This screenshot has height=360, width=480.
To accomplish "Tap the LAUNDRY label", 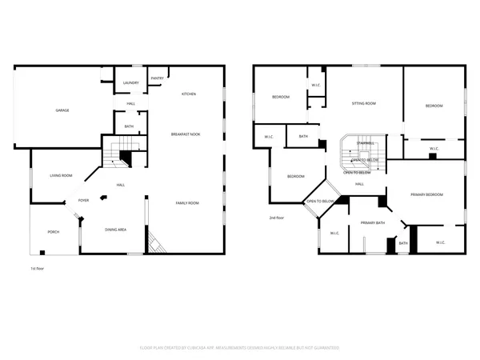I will coord(131,83).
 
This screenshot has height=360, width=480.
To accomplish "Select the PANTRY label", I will coord(158,78).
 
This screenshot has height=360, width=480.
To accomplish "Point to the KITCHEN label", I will coord(189,94).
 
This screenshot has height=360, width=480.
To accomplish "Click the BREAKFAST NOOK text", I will coord(186,134).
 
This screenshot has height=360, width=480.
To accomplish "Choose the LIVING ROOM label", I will coord(62,175).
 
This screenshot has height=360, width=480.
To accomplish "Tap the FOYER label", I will coord(83,201).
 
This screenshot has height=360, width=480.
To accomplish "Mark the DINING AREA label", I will coord(116,230).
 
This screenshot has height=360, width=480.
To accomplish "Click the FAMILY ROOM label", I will coord(187,203).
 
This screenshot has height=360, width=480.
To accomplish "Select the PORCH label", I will coord(54,232).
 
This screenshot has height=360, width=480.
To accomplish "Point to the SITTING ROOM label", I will coord(365,104).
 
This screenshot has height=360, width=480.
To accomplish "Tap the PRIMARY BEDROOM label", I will coord(427,194).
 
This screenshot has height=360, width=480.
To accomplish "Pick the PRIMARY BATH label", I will coord(373,222).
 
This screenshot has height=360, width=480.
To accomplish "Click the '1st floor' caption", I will coord(38,268).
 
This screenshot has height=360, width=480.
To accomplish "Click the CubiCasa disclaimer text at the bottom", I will coord(240,348).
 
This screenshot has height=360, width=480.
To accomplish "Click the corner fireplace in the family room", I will coord(156,244).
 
